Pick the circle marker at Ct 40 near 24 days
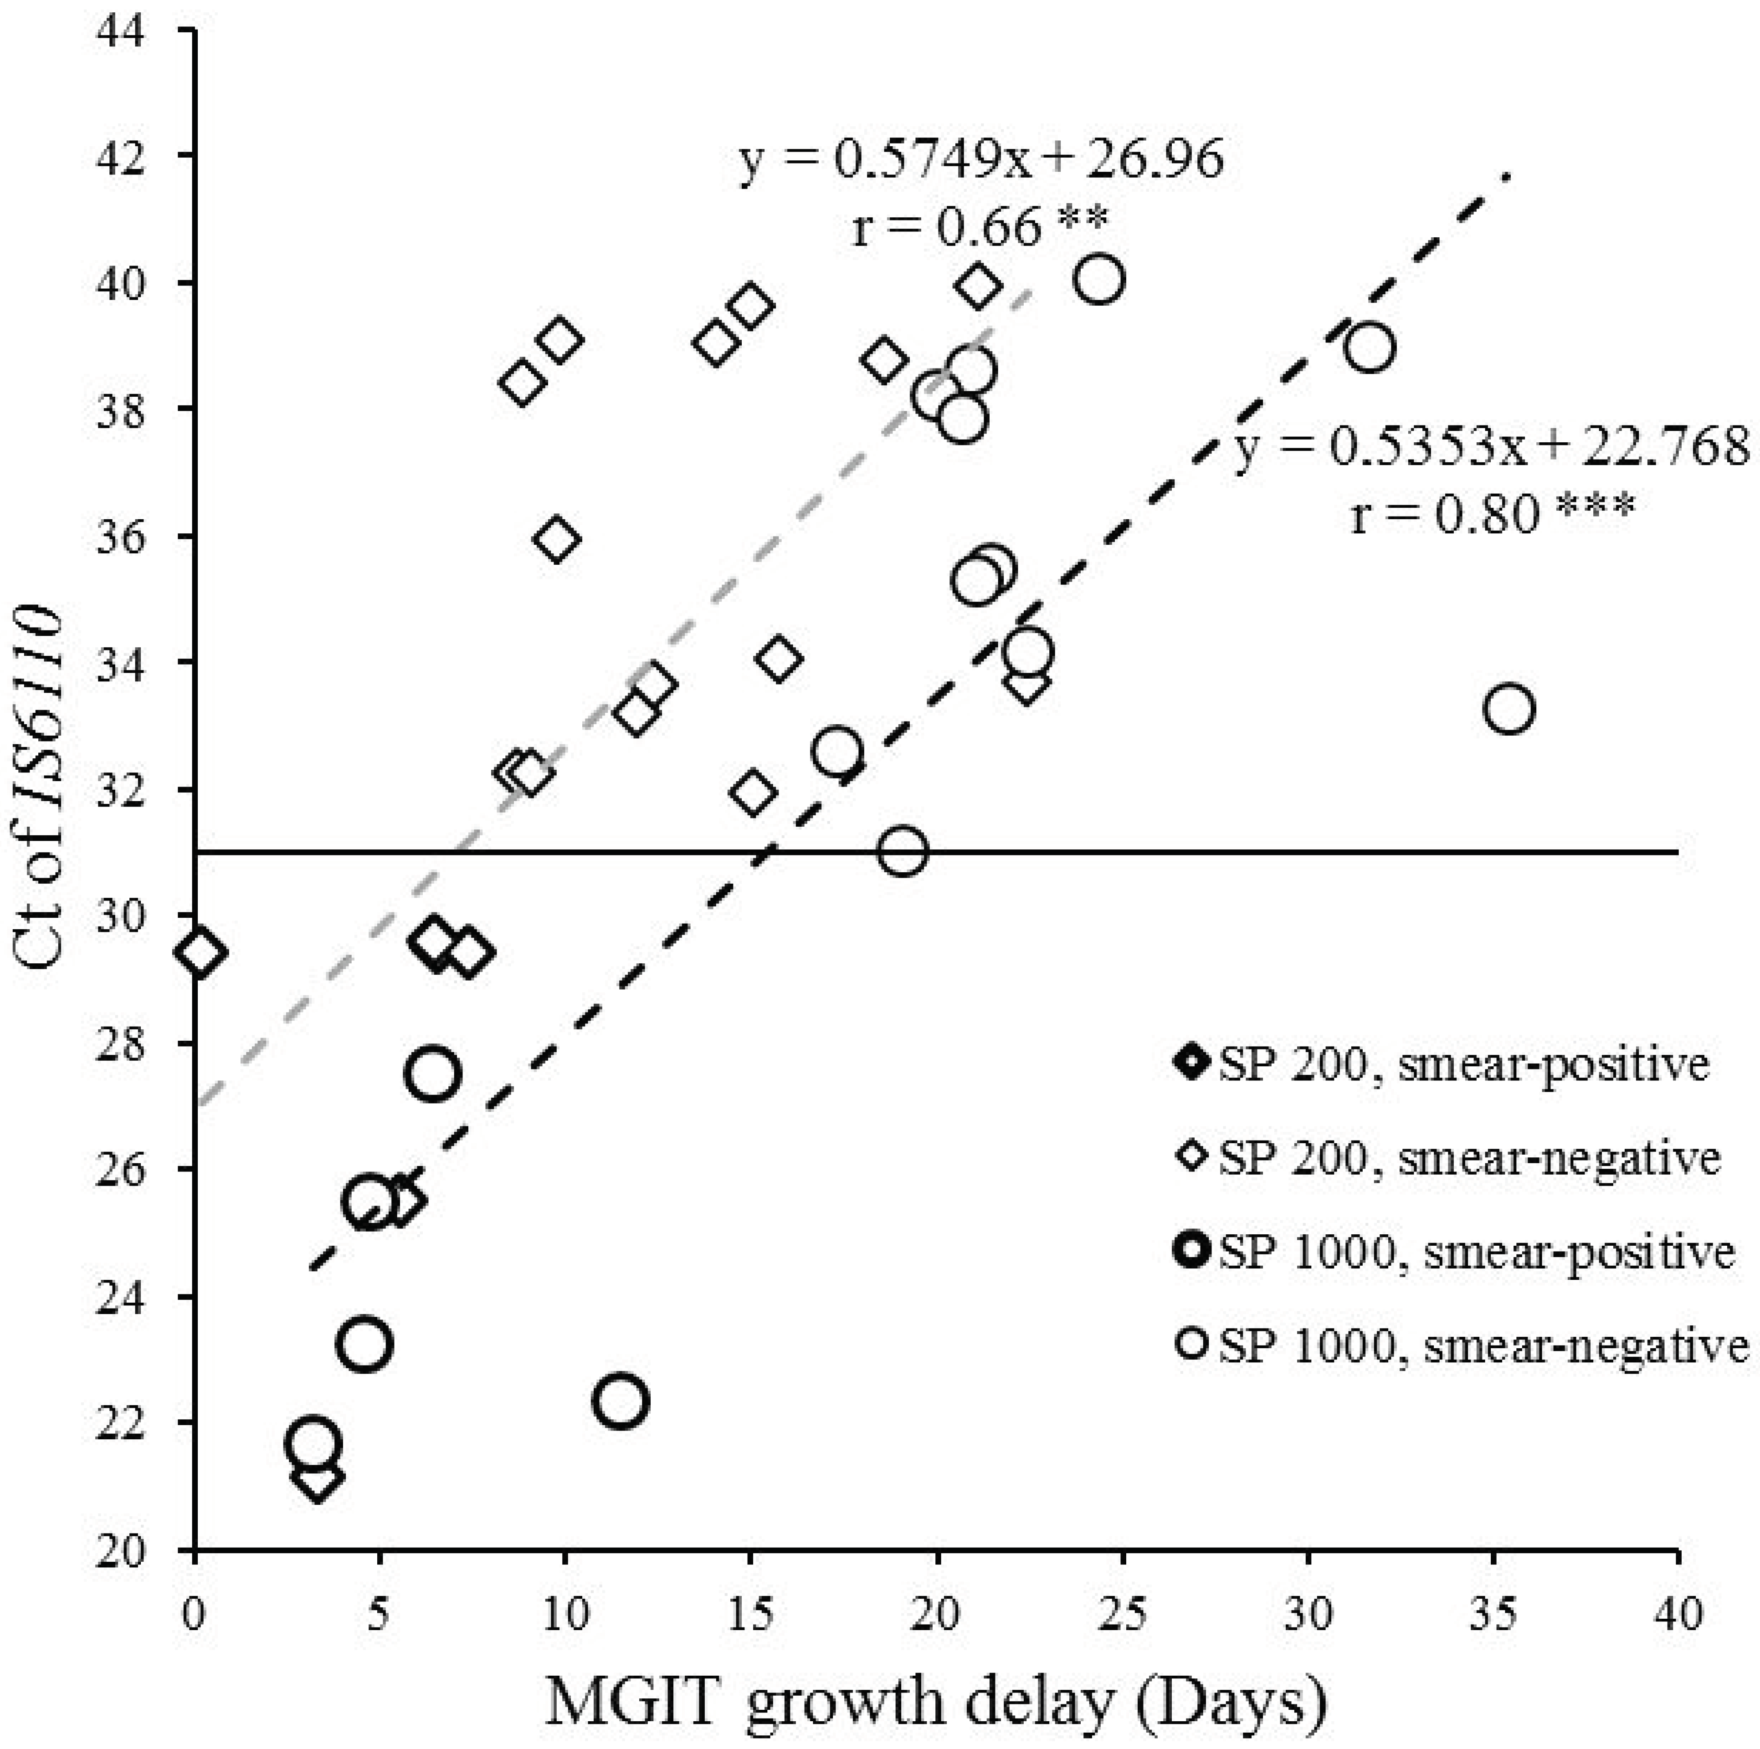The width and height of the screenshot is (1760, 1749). tap(1098, 279)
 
